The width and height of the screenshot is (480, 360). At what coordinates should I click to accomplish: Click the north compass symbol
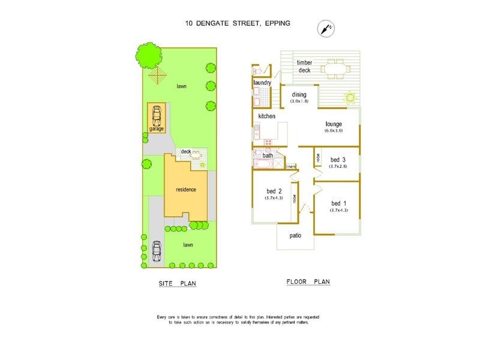[x=326, y=28]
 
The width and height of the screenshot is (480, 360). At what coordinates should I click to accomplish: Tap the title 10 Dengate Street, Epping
[x=238, y=23]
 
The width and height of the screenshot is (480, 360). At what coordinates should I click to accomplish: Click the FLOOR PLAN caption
[x=308, y=281]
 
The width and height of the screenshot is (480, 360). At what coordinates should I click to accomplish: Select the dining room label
[x=299, y=94]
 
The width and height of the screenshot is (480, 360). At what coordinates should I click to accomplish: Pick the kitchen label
[x=266, y=116]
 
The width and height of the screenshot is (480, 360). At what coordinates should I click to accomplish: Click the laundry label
[x=263, y=82]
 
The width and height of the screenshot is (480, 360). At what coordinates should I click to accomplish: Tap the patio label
[x=295, y=236]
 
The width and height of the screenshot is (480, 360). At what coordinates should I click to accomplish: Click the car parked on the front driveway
[x=157, y=251]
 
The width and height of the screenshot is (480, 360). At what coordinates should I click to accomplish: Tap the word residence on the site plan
[x=185, y=190]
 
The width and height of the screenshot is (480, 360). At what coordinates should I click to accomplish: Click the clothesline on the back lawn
[x=158, y=76]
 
